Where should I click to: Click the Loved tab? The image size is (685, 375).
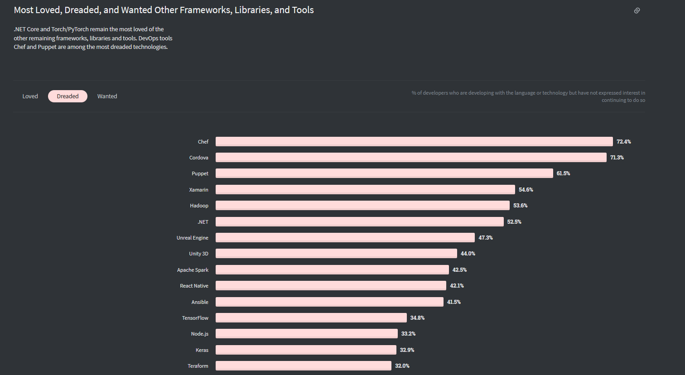(30, 96)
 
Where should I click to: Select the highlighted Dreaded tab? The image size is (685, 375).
(68, 96)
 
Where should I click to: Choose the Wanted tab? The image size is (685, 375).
(107, 96)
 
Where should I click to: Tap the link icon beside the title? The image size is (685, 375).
(637, 10)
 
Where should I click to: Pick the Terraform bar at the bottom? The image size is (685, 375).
(304, 366)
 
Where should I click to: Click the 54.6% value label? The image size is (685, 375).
(526, 190)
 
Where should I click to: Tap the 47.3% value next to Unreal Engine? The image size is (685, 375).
(486, 238)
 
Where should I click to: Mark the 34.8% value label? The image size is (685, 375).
(417, 318)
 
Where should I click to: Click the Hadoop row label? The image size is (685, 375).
(199, 206)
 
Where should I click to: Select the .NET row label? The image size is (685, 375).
(203, 222)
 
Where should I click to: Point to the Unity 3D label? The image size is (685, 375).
(198, 254)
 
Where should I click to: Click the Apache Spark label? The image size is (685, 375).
(193, 270)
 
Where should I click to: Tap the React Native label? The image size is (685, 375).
(194, 286)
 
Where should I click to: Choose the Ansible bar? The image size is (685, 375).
(329, 302)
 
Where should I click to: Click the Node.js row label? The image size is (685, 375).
(199, 334)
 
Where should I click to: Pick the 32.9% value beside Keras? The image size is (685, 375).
(407, 350)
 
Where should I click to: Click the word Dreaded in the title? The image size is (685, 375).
(82, 10)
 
